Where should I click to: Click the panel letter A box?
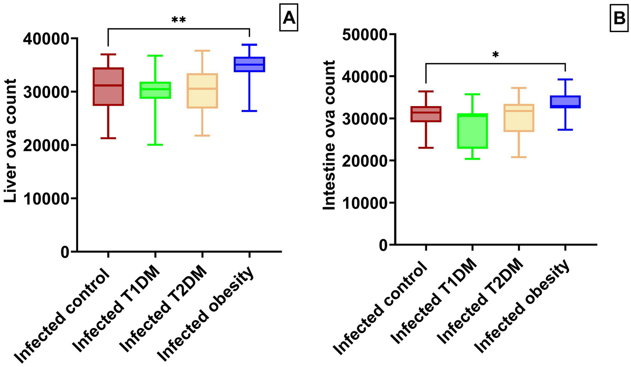[288, 18]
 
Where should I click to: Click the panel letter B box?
[619, 18]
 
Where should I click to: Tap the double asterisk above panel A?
[179, 21]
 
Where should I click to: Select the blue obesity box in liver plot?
[249, 64]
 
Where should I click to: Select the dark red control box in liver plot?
[108, 87]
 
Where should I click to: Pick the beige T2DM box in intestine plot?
[519, 118]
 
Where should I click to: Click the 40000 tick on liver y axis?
[48, 38]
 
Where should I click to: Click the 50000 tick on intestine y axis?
[365, 34]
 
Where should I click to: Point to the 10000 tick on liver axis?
[48, 199]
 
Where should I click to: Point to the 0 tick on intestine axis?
[383, 245]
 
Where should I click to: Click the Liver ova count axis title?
[11, 141]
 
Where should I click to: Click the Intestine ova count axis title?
[329, 136]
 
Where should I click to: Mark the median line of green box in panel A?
[155, 89]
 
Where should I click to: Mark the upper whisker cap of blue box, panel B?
[565, 79]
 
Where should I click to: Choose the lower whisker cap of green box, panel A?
[155, 145]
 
